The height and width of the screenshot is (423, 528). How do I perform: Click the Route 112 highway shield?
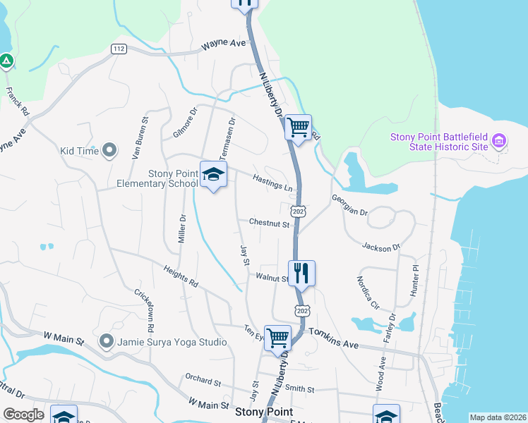click(119, 49)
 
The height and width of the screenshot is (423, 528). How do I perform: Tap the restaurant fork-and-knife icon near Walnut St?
click(301, 272)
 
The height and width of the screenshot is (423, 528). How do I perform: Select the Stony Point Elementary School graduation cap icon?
click(213, 173)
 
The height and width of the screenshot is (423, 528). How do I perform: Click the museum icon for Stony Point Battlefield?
click(499, 141)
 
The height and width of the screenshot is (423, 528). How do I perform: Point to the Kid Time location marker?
click(109, 150)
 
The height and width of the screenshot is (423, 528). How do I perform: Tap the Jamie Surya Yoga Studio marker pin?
click(107, 342)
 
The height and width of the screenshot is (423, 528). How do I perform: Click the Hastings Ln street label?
click(272, 184)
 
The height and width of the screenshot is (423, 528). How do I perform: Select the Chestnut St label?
click(269, 223)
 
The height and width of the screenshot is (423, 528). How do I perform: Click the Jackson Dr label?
click(381, 247)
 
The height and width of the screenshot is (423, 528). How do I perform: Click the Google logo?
click(23, 415)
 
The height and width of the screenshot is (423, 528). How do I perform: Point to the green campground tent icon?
click(6, 61)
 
